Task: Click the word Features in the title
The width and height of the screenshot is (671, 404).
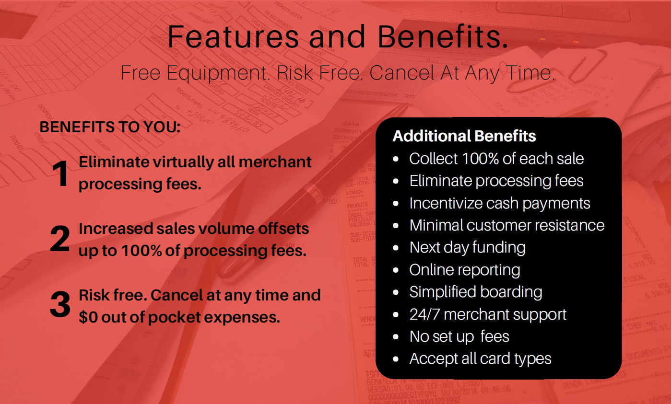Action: point(233,36)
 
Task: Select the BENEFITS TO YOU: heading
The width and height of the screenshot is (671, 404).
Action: point(110,127)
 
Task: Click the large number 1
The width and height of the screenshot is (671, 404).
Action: point(60,173)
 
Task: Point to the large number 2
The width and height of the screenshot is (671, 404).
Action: point(60,239)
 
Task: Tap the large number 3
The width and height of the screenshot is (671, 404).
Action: point(60,304)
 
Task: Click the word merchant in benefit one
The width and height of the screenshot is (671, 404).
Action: point(275,162)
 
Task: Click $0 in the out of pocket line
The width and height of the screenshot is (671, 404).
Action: point(88,317)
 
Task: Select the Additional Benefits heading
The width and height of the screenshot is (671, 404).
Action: point(464,136)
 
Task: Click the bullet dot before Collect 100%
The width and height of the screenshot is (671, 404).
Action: point(396,159)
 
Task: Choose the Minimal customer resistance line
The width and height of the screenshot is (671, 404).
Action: point(507,225)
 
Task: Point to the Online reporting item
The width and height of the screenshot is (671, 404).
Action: point(465,270)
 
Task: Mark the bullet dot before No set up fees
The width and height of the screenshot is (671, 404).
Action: point(396,337)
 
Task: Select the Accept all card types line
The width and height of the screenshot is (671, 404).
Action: point(480,359)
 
